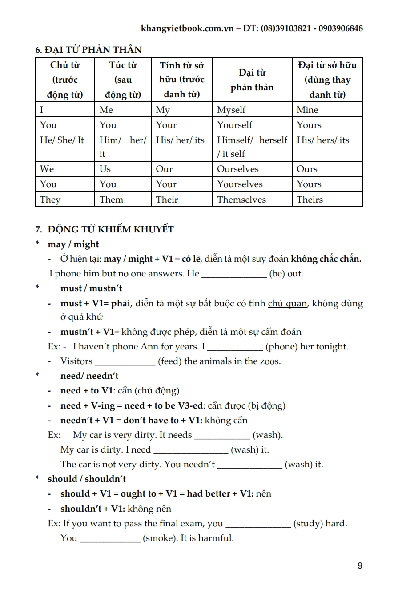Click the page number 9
coord(360,566)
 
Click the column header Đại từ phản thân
coord(252,80)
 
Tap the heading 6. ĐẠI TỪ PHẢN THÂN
coord(88,50)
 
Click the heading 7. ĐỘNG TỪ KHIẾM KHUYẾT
coord(105,229)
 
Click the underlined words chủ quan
coord(287,304)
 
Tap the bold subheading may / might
coord(73,244)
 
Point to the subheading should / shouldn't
coord(87,479)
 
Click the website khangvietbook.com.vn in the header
coord(187,28)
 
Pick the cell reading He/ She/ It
coord(62,140)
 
